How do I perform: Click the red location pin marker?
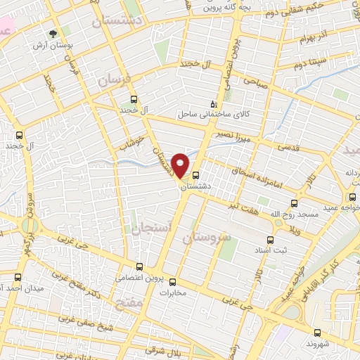pos(181,165)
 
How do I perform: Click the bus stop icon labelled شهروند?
pos(316,333)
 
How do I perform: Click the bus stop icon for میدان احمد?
pos(18,277)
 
